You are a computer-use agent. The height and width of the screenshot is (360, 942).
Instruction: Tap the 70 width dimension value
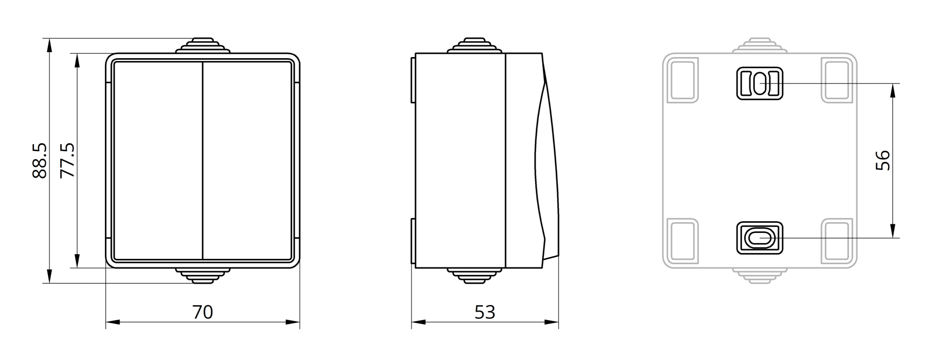pos(203,312)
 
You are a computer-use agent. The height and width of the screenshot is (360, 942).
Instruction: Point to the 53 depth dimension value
pos(485,312)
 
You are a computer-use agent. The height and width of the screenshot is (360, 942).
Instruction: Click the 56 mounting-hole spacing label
pos(883,160)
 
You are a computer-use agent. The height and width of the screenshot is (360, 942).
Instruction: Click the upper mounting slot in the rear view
pos(759,83)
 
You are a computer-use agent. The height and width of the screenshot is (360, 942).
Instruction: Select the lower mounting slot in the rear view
pos(759,237)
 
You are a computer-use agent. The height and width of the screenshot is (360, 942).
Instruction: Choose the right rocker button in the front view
pos(247,160)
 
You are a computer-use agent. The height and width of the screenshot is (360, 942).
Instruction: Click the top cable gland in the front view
pos(203,45)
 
